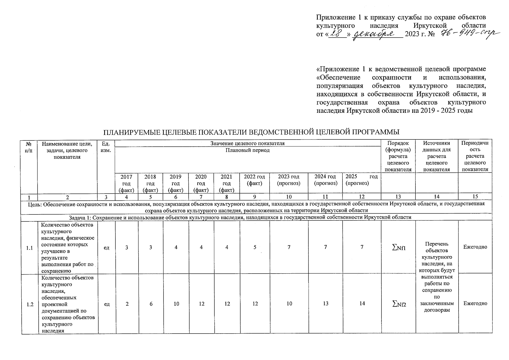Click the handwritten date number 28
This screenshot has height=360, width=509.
(x=337, y=34)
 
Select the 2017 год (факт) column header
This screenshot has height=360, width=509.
(x=126, y=183)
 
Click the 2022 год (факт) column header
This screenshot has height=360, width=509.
(x=254, y=180)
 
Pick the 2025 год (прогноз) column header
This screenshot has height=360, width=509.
(x=361, y=180)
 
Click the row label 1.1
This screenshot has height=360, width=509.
(x=29, y=248)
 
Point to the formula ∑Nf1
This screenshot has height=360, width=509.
(x=399, y=248)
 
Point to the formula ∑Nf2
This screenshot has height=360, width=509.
(x=399, y=304)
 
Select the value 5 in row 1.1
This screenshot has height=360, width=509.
(x=255, y=247)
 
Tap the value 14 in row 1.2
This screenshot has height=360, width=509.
(x=362, y=304)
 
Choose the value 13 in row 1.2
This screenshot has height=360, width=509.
(x=325, y=304)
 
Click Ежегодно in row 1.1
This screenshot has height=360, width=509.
(x=475, y=247)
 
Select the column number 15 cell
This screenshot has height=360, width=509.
(x=475, y=197)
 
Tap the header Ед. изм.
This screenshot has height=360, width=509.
(x=106, y=147)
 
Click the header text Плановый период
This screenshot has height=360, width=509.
(x=247, y=150)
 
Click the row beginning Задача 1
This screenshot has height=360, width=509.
(x=240, y=217)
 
